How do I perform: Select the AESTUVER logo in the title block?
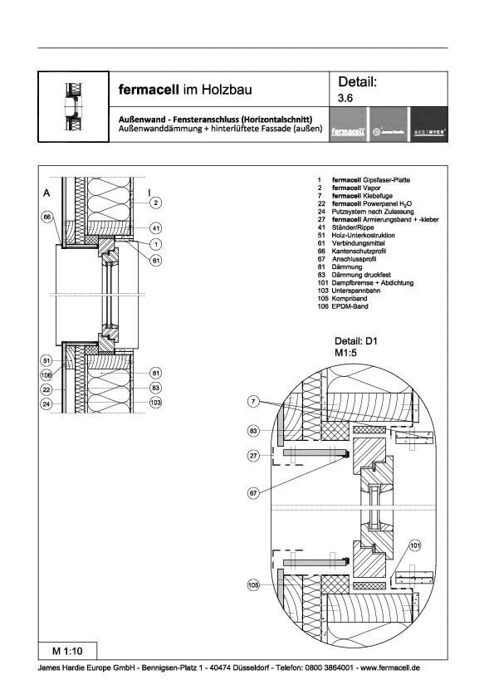[x=428, y=131]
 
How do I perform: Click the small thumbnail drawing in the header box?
[x=73, y=106]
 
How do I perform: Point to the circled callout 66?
[x=48, y=217]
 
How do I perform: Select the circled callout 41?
[x=155, y=227]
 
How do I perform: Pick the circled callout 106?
[x=48, y=375]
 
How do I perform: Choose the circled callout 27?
[x=254, y=456]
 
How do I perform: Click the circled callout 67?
[x=254, y=493]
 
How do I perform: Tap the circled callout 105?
[x=254, y=584]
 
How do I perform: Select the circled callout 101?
[x=414, y=545]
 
